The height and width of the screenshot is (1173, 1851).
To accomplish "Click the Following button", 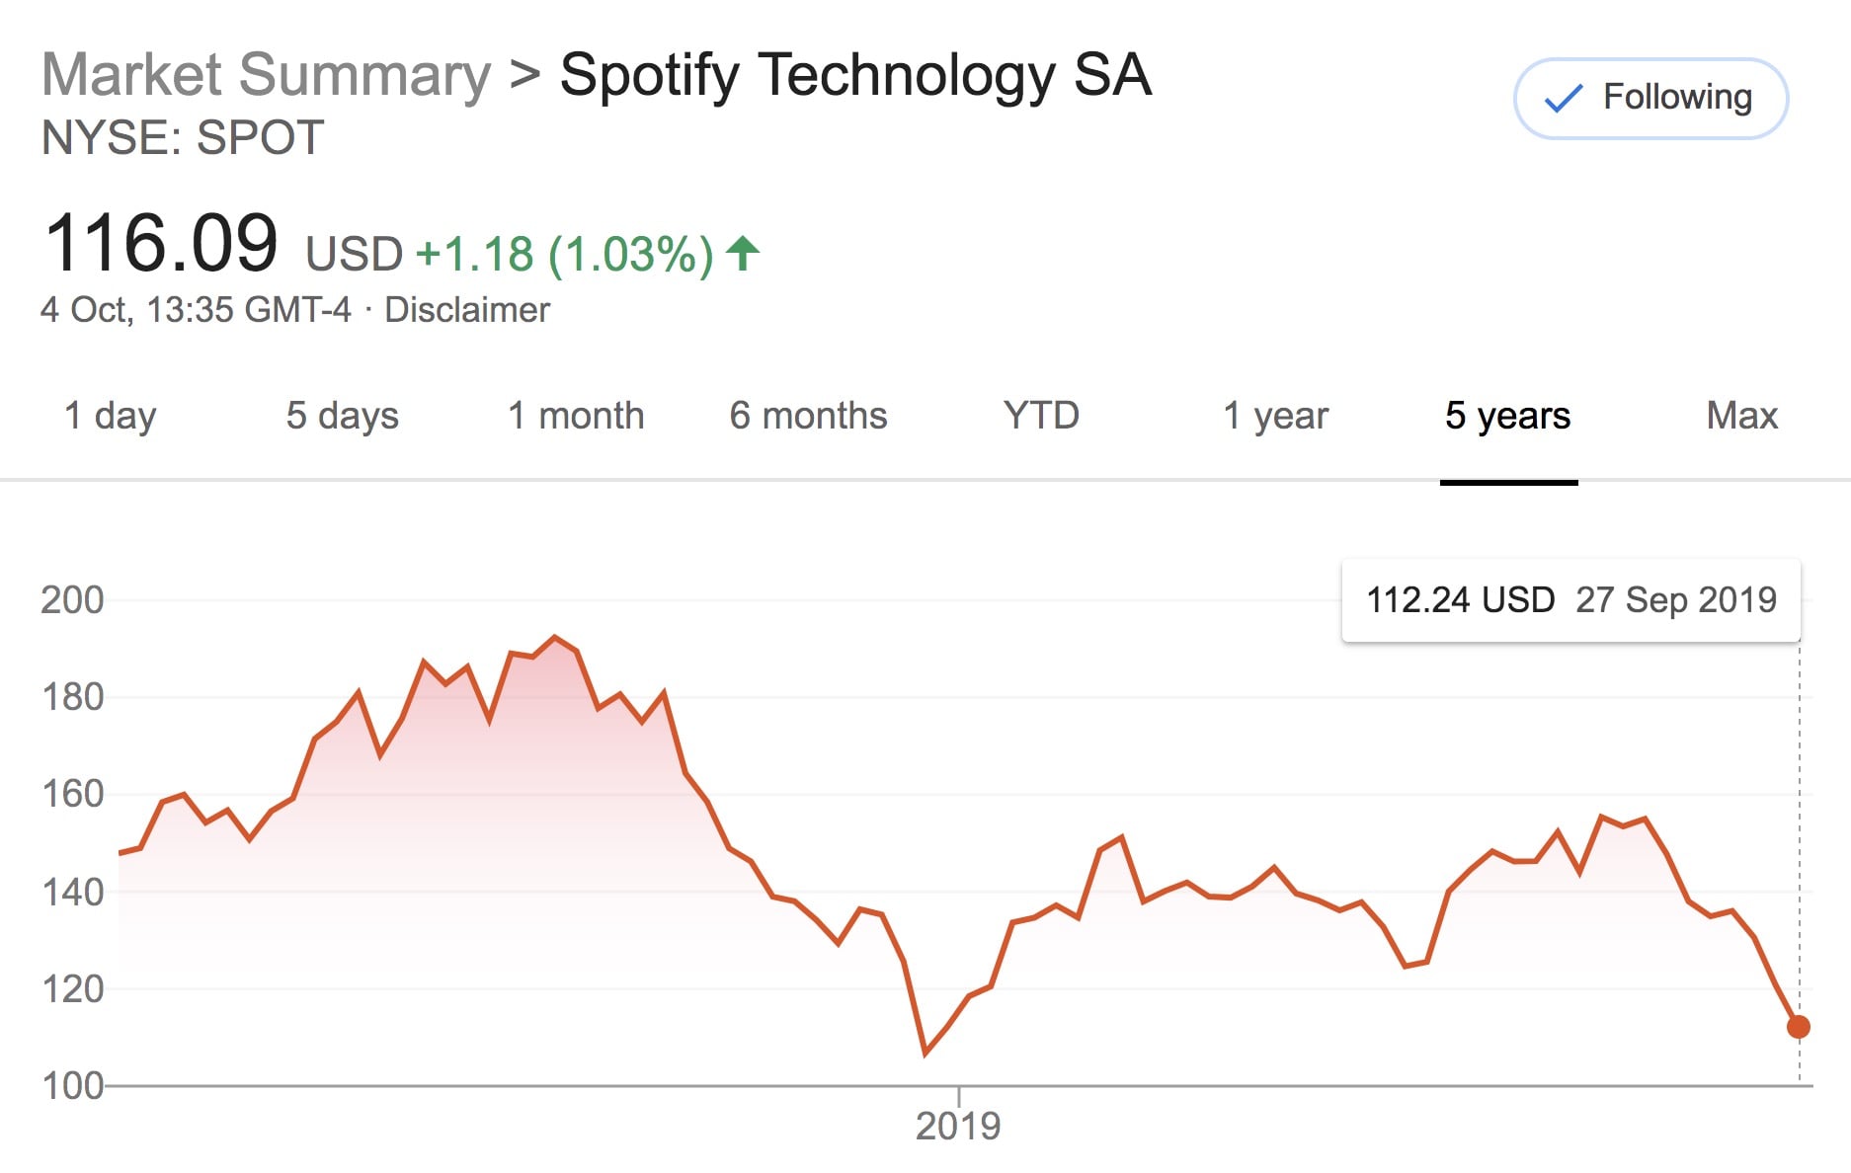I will click(1650, 98).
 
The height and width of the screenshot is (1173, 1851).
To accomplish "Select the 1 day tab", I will click(110, 416).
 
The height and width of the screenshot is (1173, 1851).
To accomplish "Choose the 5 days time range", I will click(342, 416).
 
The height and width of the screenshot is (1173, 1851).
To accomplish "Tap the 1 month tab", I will click(576, 416).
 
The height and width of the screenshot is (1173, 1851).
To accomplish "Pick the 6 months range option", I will click(808, 416).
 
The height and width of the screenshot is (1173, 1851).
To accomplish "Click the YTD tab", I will click(1041, 416).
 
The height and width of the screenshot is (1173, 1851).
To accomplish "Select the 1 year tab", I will click(1275, 416).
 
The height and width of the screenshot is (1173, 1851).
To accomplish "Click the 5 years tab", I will click(1507, 416).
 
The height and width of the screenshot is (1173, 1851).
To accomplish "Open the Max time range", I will click(1741, 416).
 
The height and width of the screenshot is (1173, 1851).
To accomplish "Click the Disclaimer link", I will click(466, 310).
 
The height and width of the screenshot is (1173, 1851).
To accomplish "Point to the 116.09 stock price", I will click(161, 244).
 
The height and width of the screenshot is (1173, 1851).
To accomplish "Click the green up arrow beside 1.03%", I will click(743, 254).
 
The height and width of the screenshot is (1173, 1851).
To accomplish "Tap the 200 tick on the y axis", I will click(72, 599).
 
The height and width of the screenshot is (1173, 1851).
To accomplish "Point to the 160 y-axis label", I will click(72, 794).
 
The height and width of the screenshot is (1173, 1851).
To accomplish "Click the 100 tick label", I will click(72, 1086).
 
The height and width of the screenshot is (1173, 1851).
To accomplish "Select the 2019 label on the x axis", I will click(958, 1126).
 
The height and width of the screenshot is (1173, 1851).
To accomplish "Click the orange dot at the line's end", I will click(1799, 1027).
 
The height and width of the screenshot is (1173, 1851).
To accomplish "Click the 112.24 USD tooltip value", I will click(1460, 599).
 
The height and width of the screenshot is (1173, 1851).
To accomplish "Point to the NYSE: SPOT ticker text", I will click(183, 137).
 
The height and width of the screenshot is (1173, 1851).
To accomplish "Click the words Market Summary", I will click(266, 75).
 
